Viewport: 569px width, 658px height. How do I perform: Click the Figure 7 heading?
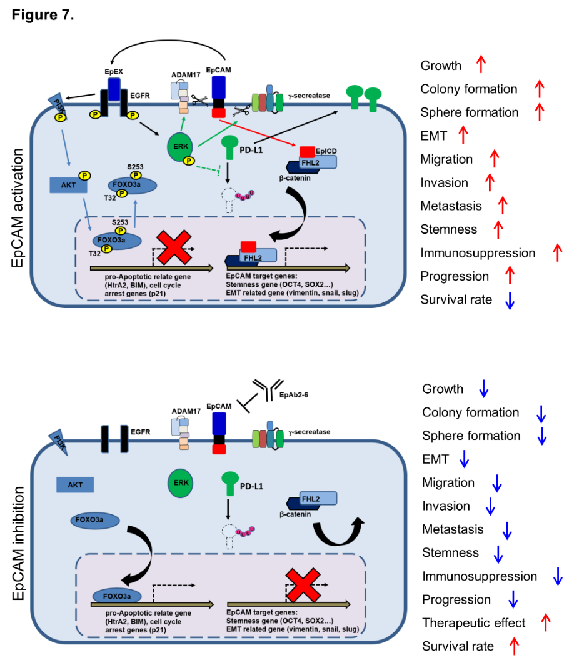point(43,14)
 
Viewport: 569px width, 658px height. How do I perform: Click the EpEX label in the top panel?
point(113,72)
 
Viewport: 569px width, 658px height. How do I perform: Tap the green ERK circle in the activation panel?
point(180,149)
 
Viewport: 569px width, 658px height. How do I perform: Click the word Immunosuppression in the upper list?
point(478,253)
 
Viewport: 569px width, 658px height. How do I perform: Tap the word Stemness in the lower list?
point(450,552)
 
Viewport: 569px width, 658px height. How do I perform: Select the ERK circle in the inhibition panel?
point(180,482)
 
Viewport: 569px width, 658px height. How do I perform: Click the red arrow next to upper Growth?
point(480,65)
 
